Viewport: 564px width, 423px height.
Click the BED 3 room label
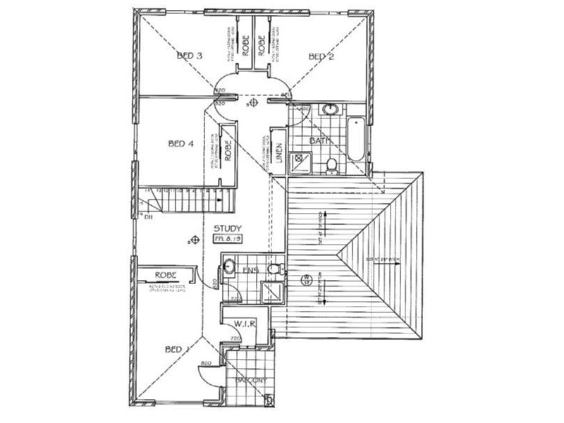[190, 56]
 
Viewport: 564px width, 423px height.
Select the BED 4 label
[180, 144]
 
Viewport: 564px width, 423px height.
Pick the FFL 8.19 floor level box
[228, 240]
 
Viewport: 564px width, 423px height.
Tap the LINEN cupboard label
[279, 150]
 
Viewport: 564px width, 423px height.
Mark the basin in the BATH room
[331, 109]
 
